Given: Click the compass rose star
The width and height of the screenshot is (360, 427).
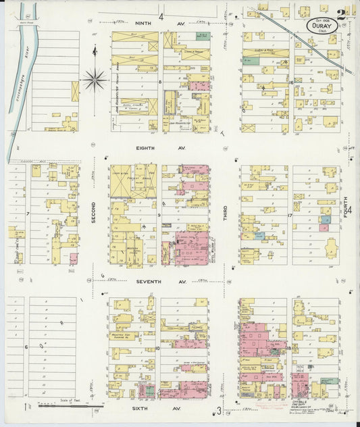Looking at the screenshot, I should point(95,80).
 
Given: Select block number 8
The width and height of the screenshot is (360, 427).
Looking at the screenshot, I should point(160,82).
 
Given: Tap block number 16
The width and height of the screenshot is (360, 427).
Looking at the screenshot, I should point(290,82).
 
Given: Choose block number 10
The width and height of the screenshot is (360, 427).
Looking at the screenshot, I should point(158,349).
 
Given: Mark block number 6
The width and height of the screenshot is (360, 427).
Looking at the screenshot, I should point(26,347).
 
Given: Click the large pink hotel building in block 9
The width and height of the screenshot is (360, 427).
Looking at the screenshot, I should point(191,249).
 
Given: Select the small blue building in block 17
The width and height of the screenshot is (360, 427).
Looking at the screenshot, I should point(259,236).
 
